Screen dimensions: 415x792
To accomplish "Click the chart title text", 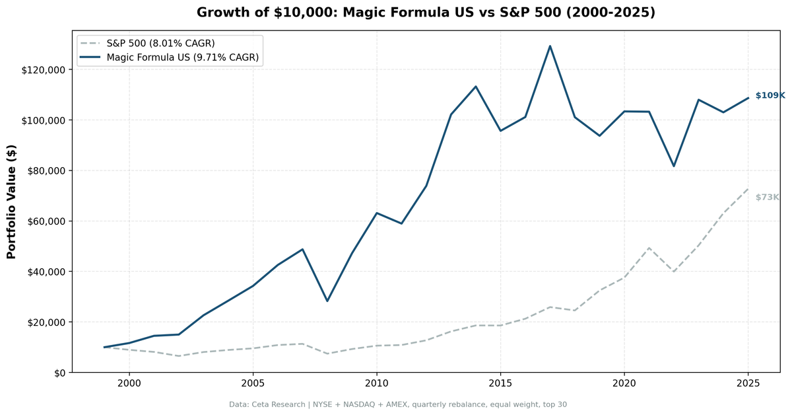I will point(426,13).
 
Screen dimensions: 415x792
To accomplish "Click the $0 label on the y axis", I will point(59,373).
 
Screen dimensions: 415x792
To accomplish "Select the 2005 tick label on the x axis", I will point(253,383).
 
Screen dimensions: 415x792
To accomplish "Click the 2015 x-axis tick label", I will point(500,383).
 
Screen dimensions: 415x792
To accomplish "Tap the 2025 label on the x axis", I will point(748,383).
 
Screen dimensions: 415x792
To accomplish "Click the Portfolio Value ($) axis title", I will point(11,202).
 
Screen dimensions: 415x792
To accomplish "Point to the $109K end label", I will point(770,95).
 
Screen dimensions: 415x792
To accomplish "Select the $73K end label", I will point(768,197).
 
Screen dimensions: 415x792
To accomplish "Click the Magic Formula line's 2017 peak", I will point(550,46).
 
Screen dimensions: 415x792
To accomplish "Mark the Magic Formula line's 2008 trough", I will point(327,301).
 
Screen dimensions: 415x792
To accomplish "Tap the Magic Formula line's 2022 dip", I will point(674,166).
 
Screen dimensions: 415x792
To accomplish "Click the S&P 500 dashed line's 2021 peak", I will point(649,248).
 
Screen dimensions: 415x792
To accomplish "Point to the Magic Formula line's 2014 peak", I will point(476,87).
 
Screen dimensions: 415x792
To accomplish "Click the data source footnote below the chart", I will point(398,404).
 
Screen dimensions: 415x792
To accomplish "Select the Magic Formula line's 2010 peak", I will point(377,213).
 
